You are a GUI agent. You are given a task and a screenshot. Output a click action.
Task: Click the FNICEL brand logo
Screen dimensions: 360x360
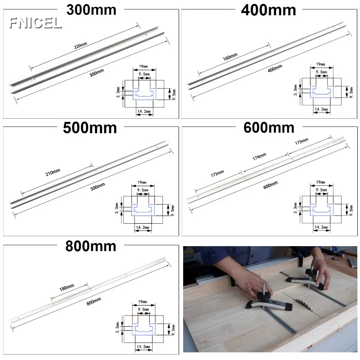click(x=36, y=23)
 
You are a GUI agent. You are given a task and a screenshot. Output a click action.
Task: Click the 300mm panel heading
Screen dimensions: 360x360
click(x=91, y=10)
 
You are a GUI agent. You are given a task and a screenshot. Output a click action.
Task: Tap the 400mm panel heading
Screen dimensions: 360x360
click(x=268, y=10)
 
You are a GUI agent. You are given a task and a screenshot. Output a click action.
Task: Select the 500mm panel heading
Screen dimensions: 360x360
click(x=90, y=128)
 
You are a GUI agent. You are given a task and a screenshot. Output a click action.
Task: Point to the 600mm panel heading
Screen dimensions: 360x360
click(x=269, y=128)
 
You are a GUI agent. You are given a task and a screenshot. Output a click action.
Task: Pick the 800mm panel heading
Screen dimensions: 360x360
click(x=91, y=246)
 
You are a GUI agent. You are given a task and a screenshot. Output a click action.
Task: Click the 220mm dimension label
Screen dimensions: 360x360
click(x=81, y=45)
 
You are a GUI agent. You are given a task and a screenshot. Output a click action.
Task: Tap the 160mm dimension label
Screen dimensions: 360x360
click(x=230, y=57)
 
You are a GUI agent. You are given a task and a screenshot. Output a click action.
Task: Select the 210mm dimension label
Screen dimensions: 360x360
click(x=53, y=172)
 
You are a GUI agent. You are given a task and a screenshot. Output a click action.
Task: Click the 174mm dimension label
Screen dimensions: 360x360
click(x=260, y=157)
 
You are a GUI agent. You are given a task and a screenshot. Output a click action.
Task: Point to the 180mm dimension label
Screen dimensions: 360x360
click(x=67, y=288)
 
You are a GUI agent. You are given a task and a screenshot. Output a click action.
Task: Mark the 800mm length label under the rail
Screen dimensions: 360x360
click(x=94, y=301)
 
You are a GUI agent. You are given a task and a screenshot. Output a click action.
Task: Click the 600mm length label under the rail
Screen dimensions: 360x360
click(x=270, y=185)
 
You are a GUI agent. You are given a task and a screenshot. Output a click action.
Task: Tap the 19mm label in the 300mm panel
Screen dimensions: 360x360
click(x=143, y=66)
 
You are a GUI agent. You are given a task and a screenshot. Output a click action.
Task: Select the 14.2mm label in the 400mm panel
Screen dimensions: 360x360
click(x=321, y=109)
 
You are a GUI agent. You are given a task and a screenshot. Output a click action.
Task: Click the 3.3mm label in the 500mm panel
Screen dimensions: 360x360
click(x=117, y=208)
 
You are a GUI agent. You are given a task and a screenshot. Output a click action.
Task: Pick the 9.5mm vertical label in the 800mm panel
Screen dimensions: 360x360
click(x=173, y=330)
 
